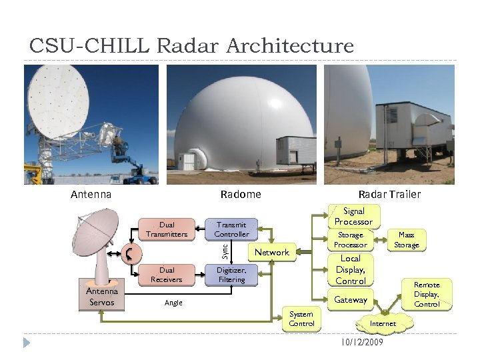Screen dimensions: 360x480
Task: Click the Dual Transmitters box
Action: pos(167,229)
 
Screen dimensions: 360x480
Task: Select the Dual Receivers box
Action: pos(167,275)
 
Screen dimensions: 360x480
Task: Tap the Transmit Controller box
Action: pos(231,229)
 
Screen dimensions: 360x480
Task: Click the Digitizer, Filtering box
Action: pos(231,275)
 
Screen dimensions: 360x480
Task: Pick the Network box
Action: pos(272,252)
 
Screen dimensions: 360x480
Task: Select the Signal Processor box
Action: pos(353,216)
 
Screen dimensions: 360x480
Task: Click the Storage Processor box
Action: pos(351,240)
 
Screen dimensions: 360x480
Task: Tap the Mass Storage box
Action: pos(406,240)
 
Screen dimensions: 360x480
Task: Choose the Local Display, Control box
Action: pos(350,269)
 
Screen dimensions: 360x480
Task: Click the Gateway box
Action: pos(351,300)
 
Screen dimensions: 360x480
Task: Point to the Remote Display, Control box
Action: pos(427,294)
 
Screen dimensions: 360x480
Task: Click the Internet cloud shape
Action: pos(383,323)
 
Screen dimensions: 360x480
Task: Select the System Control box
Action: pos(301,319)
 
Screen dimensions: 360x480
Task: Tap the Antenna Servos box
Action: pos(101,297)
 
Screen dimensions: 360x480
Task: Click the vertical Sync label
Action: pos(225,251)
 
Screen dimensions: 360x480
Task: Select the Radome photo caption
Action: pos(241,195)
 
